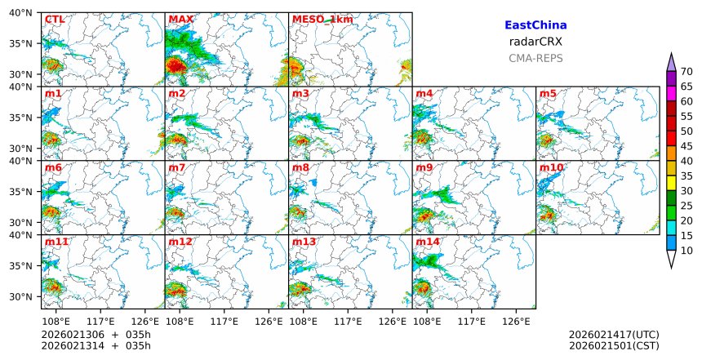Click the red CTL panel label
point(54,20)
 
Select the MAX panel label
point(180,20)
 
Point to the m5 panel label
point(548,94)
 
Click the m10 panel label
point(551,168)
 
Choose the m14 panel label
point(428,242)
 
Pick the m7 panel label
point(178,168)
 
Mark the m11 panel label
point(56,242)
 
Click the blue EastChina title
point(535,26)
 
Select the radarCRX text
point(535,42)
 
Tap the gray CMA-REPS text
point(535,58)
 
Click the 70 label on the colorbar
point(686,72)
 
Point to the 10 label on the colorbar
point(686,251)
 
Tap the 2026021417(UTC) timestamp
point(614,335)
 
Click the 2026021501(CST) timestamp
point(614,345)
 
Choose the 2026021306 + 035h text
point(96,335)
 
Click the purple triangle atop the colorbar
point(671,63)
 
